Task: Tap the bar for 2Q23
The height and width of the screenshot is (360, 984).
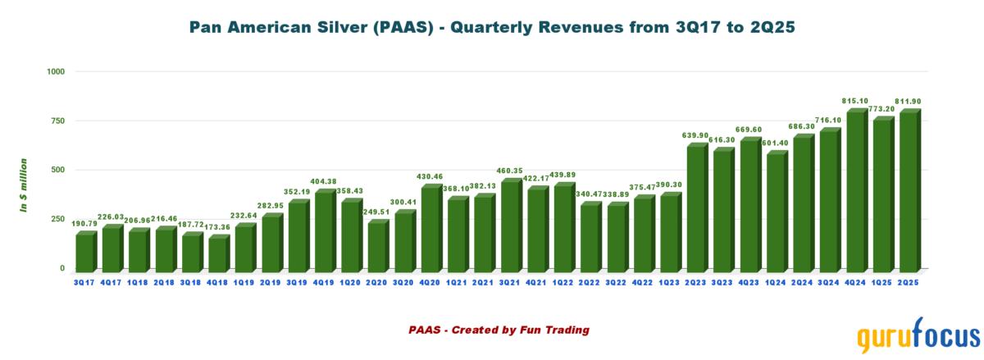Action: (x=696, y=207)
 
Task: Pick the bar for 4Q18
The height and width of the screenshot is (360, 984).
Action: (x=219, y=253)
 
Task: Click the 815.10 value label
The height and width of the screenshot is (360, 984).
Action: (x=854, y=101)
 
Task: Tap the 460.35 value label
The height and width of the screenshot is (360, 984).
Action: (x=510, y=170)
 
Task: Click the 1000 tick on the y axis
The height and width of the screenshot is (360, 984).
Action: (x=55, y=72)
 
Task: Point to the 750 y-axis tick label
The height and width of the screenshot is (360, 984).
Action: (x=57, y=121)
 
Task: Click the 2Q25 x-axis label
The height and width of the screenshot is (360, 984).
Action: (x=909, y=283)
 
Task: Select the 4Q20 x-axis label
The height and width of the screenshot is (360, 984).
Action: (x=430, y=283)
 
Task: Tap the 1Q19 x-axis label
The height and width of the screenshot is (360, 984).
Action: (x=244, y=283)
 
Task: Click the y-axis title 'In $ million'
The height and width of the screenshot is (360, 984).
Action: (x=25, y=185)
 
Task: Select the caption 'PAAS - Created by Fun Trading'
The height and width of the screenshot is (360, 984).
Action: (x=499, y=330)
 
